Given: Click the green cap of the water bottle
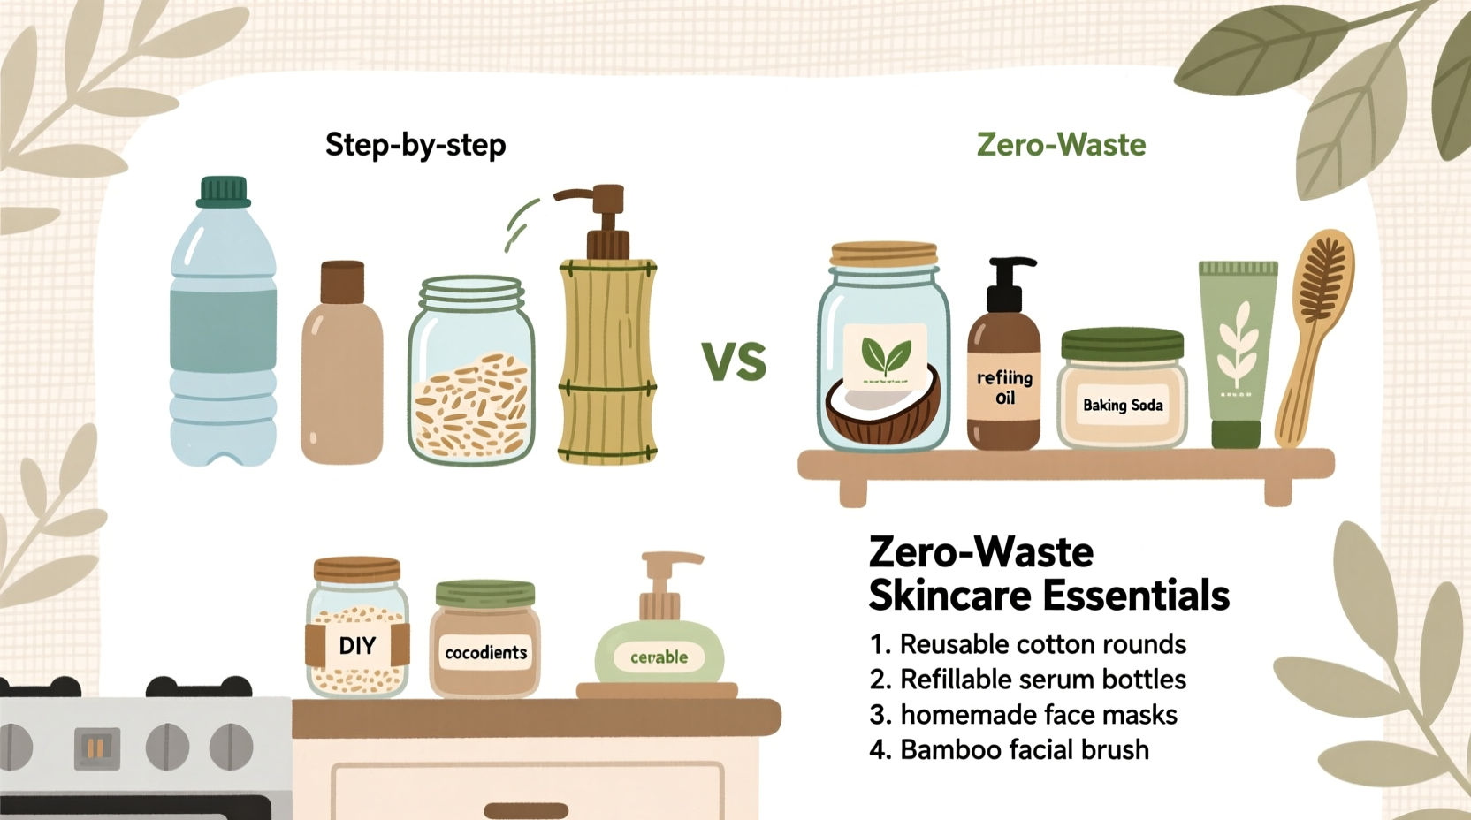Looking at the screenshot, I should click(x=223, y=191).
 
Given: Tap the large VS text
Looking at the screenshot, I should click(x=734, y=361).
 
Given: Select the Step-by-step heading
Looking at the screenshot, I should click(x=415, y=145).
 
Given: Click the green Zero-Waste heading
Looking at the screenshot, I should click(x=1061, y=145).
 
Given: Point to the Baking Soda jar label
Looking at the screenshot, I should click(x=1123, y=406).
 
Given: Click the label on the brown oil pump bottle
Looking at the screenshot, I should click(x=1004, y=387).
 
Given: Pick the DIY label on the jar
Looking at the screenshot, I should click(x=357, y=646).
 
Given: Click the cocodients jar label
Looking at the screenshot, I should click(x=485, y=653).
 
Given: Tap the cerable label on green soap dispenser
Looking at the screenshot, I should click(x=659, y=657).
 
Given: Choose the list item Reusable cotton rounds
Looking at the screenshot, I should click(x=1042, y=644).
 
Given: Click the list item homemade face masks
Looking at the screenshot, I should click(x=1038, y=715).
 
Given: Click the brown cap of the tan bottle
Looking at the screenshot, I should click(x=342, y=282).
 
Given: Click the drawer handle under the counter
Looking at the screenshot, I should click(x=526, y=810).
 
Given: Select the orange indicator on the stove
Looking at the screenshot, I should click(x=96, y=748).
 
